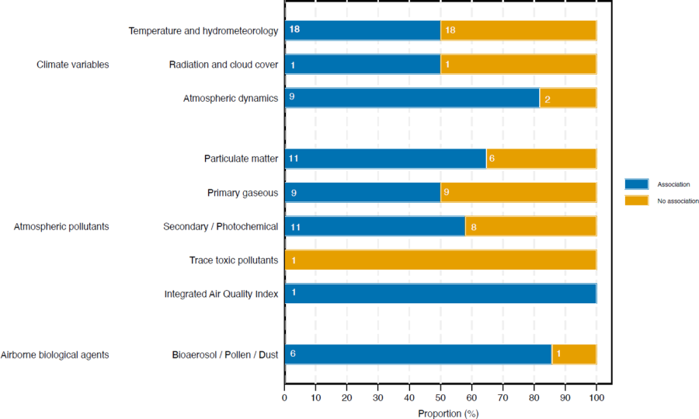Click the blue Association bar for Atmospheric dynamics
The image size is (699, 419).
coord(412,98)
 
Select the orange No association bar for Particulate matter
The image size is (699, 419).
coord(541,159)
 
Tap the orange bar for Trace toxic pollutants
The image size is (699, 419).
coord(440,260)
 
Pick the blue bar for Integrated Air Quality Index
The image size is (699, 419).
coord(440,293)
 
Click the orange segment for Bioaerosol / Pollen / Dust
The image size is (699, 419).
coord(574,354)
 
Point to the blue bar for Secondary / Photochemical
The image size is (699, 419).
coord(375,226)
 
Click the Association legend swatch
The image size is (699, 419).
coord(636,184)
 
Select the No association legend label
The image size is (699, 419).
coord(674,201)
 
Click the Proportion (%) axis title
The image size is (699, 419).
coord(448,413)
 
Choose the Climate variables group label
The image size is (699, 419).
coord(73,65)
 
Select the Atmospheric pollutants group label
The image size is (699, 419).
coord(61,226)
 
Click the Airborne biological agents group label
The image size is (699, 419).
coord(54,354)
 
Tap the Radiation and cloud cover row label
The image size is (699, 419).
coord(224,65)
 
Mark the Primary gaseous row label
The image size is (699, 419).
coord(243,193)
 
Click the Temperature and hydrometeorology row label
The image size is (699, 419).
coord(203,31)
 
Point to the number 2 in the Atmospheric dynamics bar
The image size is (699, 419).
coord(548,99)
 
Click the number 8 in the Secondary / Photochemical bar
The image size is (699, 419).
coord(473,227)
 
